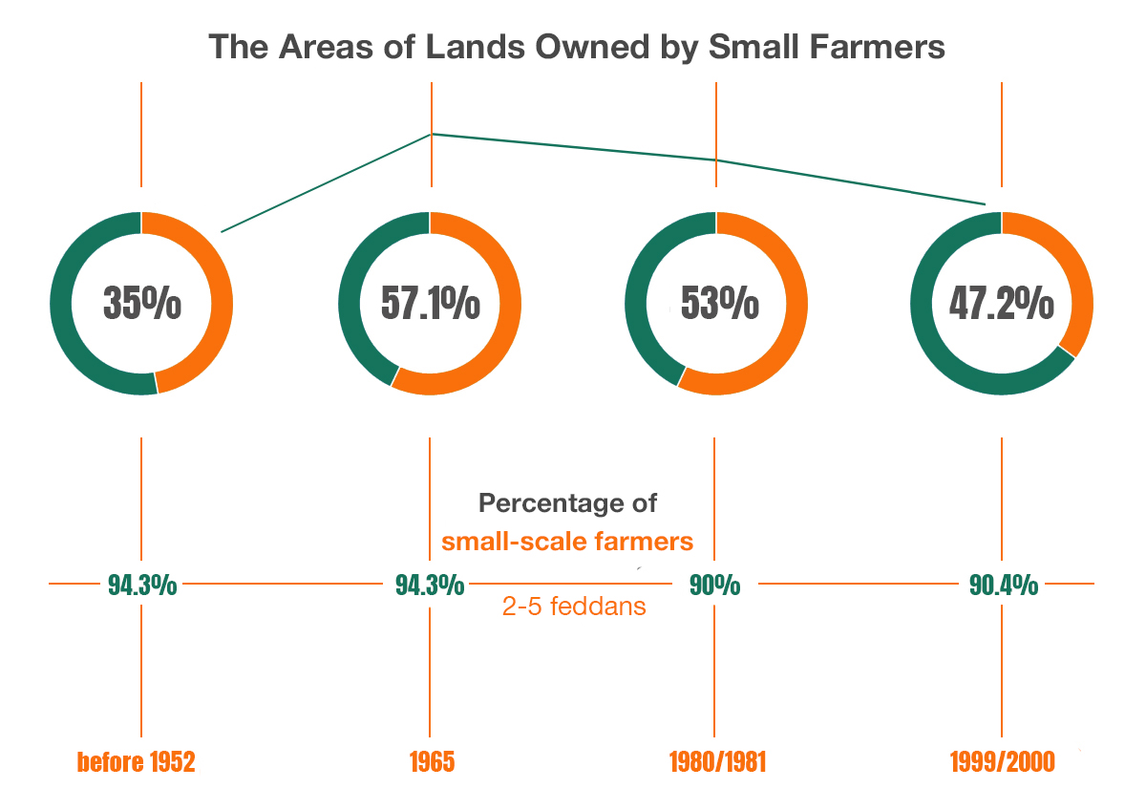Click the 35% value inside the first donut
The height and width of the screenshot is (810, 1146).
[x=141, y=304]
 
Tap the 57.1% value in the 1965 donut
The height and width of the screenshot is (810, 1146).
[x=430, y=304]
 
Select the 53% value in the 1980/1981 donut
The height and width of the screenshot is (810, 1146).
[x=719, y=304]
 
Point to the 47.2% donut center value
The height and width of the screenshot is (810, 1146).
[x=1001, y=304]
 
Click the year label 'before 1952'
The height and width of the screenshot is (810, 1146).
[x=136, y=762]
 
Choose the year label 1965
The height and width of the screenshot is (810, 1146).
[x=432, y=762]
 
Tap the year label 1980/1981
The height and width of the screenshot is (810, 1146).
[x=717, y=762]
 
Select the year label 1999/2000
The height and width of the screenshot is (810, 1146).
[x=1002, y=762]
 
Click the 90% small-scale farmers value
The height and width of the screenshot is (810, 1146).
[x=715, y=585]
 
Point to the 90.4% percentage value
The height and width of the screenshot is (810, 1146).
[x=1003, y=585]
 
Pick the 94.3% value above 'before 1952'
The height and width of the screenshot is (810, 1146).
[x=141, y=585]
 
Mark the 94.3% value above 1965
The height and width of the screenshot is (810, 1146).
[x=430, y=585]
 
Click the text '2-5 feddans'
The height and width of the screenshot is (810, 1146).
[x=574, y=606]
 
